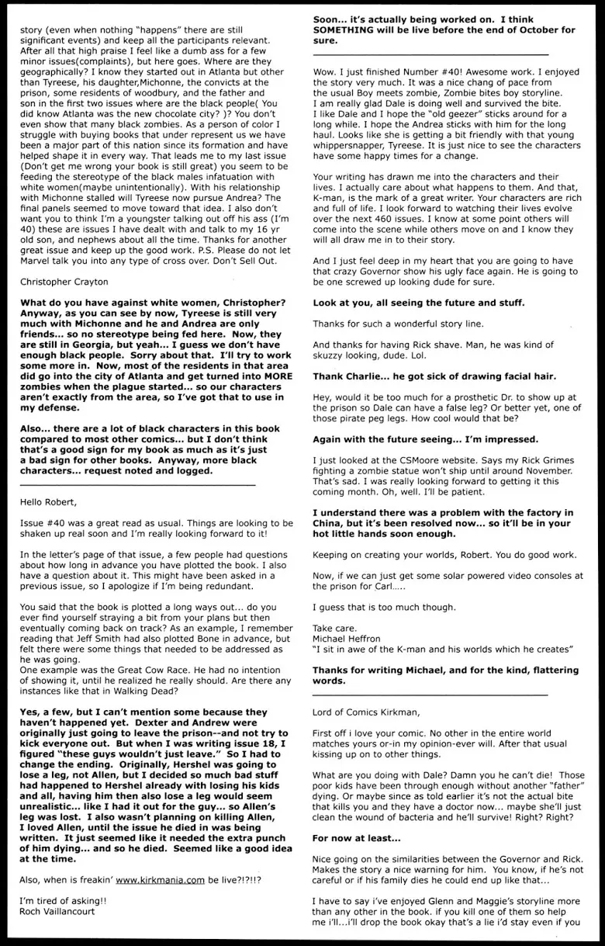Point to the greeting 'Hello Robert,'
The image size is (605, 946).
pos(51,501)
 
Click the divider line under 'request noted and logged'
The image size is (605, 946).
pos(137,484)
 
